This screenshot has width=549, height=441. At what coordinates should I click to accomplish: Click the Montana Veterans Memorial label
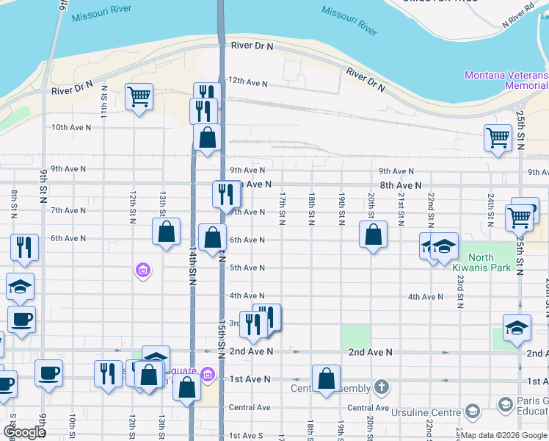point(506,80)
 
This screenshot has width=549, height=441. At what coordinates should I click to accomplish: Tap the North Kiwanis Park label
point(490,262)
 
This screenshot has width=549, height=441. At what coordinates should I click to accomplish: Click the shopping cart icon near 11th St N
point(139,96)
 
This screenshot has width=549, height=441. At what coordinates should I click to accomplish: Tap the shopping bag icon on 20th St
point(373,234)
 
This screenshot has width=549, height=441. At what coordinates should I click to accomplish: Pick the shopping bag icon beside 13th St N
point(167,232)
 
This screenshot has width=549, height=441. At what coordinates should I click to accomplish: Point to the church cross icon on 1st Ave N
point(381,386)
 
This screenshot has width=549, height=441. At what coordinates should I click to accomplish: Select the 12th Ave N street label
point(246,80)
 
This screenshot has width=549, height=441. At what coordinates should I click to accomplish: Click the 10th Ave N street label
point(71,127)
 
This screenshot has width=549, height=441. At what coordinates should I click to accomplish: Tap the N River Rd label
point(517,20)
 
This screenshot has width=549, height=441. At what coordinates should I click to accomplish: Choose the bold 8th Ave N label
point(400,186)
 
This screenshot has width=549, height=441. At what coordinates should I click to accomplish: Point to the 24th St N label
point(489,207)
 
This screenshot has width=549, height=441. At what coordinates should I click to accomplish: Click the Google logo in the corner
point(23,432)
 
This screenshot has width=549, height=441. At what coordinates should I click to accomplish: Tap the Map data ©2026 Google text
point(503,435)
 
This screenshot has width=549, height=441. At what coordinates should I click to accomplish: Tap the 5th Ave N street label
point(247,268)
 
